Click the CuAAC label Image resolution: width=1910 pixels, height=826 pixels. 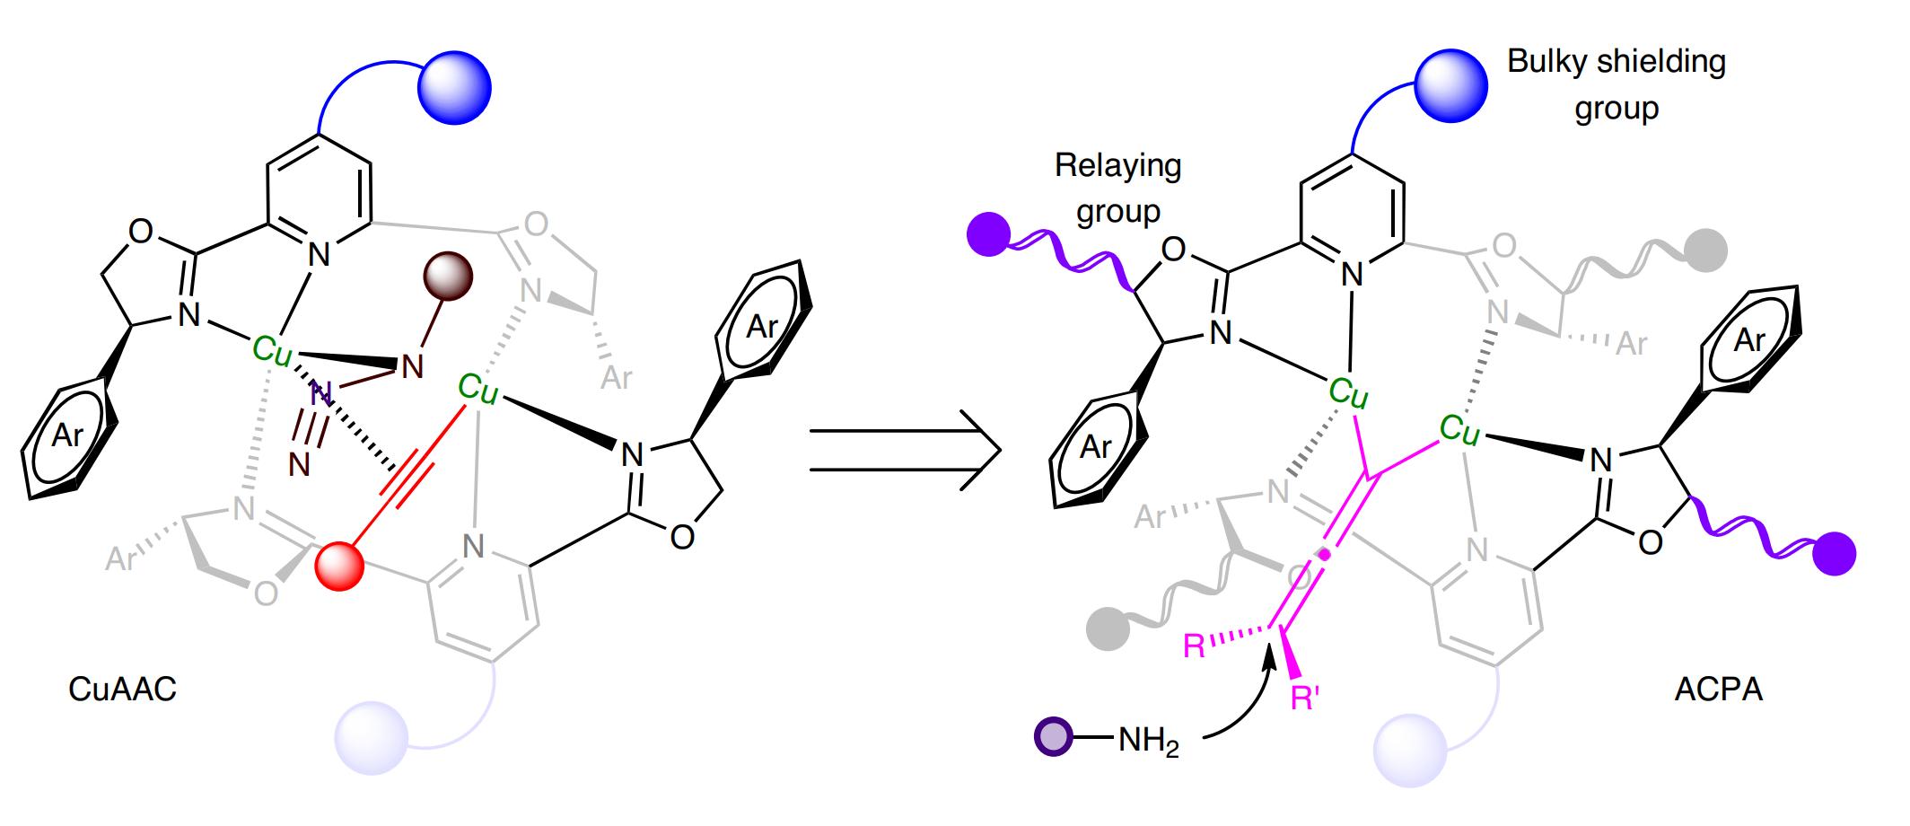[x=122, y=690]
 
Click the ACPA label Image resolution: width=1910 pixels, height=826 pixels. [x=1718, y=690]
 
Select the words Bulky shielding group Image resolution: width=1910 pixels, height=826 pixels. [x=1616, y=84]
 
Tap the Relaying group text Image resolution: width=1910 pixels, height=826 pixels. [x=1117, y=188]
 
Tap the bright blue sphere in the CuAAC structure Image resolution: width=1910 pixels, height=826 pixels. [x=456, y=86]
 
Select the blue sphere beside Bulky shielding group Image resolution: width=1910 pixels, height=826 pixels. [x=1450, y=86]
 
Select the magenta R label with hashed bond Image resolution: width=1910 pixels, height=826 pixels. [x=1195, y=646]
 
